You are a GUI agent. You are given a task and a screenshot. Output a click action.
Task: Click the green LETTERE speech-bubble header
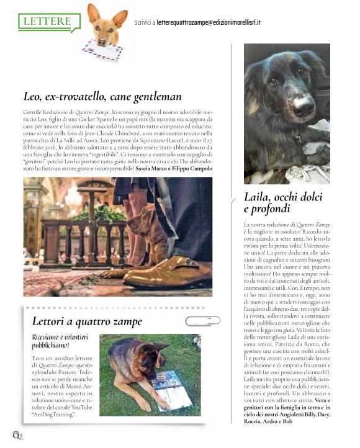click(48, 21)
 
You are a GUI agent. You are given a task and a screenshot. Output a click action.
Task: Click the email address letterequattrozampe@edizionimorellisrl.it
click(208, 22)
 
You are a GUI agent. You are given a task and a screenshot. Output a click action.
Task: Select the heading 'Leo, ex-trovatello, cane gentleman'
click(102, 96)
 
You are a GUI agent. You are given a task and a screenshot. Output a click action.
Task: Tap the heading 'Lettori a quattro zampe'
click(87, 321)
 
